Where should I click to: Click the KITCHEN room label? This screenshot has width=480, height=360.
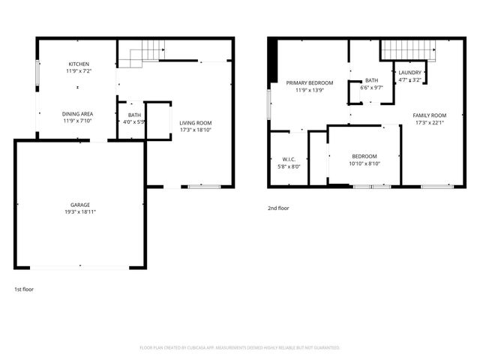pyautogui.click(x=78, y=64)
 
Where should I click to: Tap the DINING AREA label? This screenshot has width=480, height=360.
pyautogui.click(x=77, y=113)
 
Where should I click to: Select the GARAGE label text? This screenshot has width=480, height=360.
pyautogui.click(x=80, y=204)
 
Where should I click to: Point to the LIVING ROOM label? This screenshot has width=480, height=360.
pyautogui.click(x=195, y=123)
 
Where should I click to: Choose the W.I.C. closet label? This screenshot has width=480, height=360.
pyautogui.click(x=289, y=159)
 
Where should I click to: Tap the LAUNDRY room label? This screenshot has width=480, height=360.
pyautogui.click(x=409, y=73)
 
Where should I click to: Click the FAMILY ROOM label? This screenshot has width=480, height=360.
pyautogui.click(x=429, y=115)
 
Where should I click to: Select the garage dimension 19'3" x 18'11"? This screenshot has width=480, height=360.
pyautogui.click(x=80, y=211)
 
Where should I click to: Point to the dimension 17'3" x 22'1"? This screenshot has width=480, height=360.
pyautogui.click(x=429, y=123)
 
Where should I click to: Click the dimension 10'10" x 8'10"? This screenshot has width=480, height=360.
pyautogui.click(x=364, y=163)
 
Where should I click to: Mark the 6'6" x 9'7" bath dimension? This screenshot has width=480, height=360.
pyautogui.click(x=371, y=88)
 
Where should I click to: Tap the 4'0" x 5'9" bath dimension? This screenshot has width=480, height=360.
pyautogui.click(x=134, y=121)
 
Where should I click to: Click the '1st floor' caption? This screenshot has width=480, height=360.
pyautogui.click(x=23, y=289)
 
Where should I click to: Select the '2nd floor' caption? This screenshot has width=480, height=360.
pyautogui.click(x=277, y=208)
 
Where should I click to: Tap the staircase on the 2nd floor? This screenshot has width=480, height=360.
pyautogui.click(x=408, y=49)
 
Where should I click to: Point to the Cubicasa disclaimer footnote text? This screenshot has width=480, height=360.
pyautogui.click(x=240, y=347)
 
